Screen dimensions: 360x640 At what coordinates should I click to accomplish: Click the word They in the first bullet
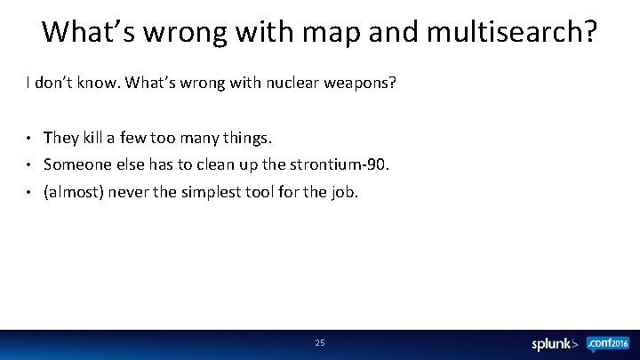click(x=61, y=138)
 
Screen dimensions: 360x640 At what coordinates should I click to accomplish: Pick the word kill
click(x=95, y=138)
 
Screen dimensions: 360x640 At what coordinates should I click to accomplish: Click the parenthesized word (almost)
click(x=74, y=191)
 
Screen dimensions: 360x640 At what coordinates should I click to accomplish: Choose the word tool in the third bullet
click(x=260, y=191)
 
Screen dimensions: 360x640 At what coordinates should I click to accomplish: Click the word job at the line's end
click(x=344, y=191)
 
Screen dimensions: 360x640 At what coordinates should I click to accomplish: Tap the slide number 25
click(x=320, y=342)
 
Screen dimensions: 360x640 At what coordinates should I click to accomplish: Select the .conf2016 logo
click(x=608, y=343)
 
